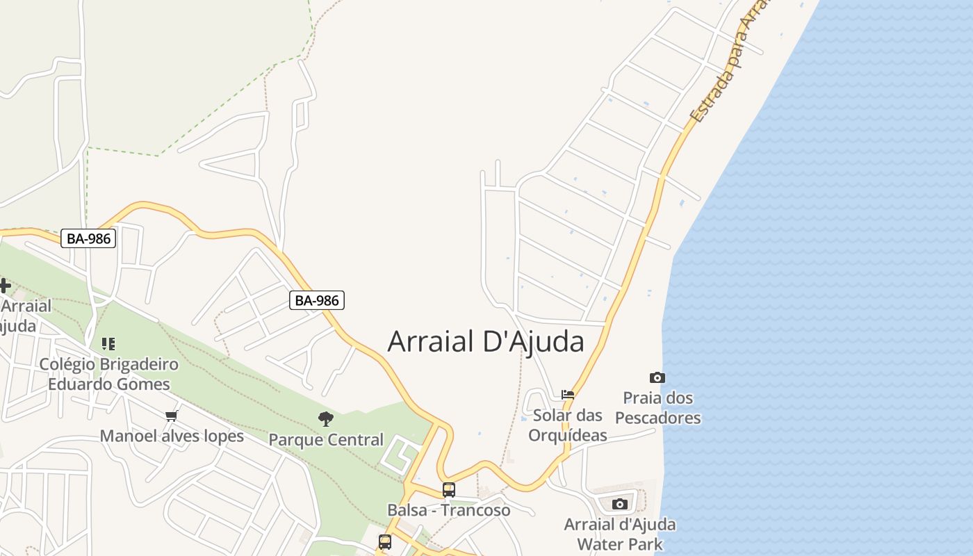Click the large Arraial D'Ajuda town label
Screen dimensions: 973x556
pos(486,341)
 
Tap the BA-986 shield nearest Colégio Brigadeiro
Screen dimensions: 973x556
pos(88,238)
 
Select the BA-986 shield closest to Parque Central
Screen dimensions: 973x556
pos(317,300)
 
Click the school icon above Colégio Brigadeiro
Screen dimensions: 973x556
pos(108,343)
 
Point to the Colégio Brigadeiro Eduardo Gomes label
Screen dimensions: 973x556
pos(108,374)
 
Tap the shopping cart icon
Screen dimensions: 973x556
pos(171,416)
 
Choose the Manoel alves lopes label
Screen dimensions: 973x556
pos(172,436)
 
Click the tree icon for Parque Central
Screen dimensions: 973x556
pos(325,418)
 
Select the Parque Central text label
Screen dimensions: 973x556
pos(326,439)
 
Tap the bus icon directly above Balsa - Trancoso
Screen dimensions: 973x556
pos(449,489)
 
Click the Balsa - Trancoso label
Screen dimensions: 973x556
pos(449,510)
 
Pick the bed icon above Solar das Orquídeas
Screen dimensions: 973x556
pos(568,395)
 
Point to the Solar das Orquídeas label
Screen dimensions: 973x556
pos(568,425)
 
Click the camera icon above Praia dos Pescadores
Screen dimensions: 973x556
pos(657,378)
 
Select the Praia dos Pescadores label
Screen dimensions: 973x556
pos(658,408)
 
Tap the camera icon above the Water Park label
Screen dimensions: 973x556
pos(620,504)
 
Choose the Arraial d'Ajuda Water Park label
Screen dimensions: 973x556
pos(620,534)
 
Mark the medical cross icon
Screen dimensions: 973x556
pos(5,285)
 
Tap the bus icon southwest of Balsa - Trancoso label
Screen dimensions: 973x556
pos(385,541)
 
